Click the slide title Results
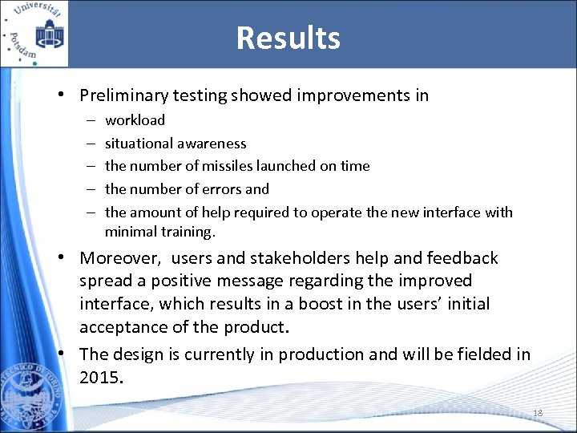(288, 38)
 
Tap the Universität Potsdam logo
(34, 34)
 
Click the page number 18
(538, 413)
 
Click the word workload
(135, 120)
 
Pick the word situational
(140, 144)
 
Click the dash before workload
(87, 120)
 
